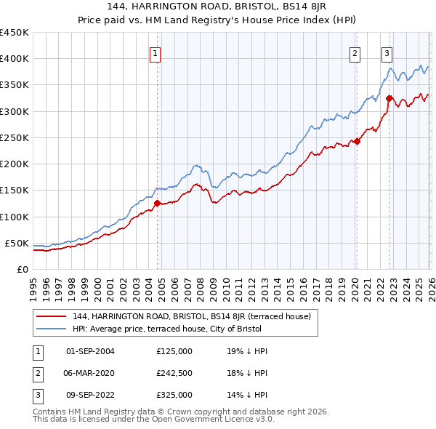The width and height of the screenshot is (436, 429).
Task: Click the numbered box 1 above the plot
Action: coord(156,52)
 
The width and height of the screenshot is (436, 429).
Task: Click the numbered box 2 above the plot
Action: coord(355,52)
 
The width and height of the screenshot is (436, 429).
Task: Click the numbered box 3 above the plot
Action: coord(387,52)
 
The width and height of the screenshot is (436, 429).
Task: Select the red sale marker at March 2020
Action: coord(357,142)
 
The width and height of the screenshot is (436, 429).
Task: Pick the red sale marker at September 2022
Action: coord(389,98)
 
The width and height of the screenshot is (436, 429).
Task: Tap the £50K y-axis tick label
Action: coord(17,243)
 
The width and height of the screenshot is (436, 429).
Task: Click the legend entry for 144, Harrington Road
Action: coord(192,316)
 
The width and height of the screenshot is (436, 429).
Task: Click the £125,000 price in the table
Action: coord(174,351)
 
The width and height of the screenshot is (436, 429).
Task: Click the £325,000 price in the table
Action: coord(174,395)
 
